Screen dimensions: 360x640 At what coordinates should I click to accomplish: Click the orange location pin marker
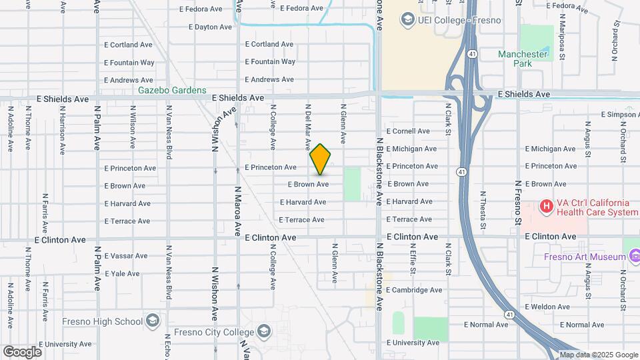coord(321,159)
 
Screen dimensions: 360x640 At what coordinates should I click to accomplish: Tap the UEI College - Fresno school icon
coord(407,20)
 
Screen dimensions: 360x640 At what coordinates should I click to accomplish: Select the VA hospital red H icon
coord(546,207)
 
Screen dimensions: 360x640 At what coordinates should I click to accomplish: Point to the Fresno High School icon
coord(153,321)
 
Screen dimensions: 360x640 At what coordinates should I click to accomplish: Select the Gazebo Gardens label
coord(172,90)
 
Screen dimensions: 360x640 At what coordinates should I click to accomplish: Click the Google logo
coord(22,351)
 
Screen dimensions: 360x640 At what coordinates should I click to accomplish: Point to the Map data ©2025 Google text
coord(599,355)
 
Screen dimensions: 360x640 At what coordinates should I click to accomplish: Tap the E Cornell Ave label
coord(407,131)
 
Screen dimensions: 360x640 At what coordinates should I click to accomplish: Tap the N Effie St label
coord(413,262)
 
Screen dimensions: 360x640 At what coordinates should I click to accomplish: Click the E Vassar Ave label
coord(126,256)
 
